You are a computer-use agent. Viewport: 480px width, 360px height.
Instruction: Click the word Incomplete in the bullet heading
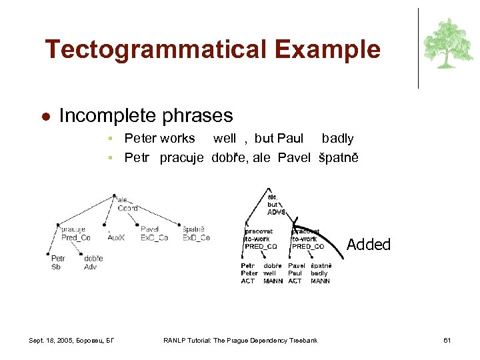pos(107,116)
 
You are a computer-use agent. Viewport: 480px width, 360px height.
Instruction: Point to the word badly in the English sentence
pos(337,139)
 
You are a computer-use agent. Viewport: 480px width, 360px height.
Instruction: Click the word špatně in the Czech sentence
pos(338,158)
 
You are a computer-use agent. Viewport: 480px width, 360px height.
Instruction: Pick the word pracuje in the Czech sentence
pos(181,158)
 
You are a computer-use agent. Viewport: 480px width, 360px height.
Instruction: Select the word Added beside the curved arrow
pos(368,245)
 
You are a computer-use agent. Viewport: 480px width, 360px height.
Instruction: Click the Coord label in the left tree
pos(127,208)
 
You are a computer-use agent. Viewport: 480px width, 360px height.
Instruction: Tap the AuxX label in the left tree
pos(115,238)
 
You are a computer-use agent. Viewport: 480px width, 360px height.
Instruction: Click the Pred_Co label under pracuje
pos(76,238)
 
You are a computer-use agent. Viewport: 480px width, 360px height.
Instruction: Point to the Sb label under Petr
pos(55,267)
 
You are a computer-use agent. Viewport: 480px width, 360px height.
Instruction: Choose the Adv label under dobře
pos(90,267)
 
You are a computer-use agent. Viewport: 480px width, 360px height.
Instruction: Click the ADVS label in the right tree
pos(276,212)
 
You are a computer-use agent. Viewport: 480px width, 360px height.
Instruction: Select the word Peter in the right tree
pos(249,273)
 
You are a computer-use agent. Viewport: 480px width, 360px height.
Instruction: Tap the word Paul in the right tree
pos(295,273)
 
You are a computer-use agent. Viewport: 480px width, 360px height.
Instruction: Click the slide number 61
pos(447,341)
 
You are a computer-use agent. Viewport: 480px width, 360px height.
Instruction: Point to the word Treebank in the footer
pos(304,341)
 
